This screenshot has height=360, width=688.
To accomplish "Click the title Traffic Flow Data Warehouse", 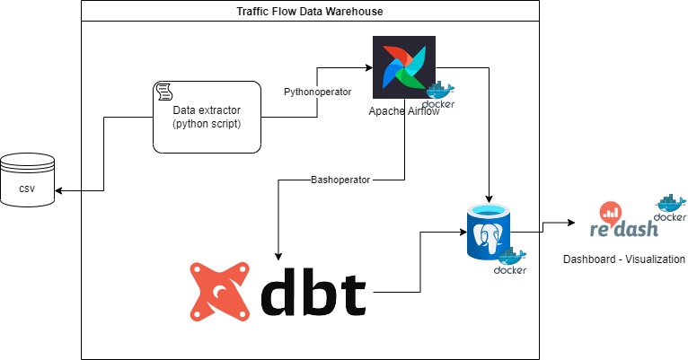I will [310, 11].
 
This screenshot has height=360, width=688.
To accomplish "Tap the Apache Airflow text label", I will [403, 110].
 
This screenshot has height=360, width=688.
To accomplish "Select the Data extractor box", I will [207, 116].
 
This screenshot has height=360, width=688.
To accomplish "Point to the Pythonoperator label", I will [311, 92].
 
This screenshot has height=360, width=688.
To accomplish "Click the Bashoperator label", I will [340, 180].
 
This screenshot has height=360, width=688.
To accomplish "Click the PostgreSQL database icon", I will [488, 232].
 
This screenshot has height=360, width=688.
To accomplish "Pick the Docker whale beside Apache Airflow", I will [440, 94].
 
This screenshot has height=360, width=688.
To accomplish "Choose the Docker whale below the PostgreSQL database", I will [508, 261].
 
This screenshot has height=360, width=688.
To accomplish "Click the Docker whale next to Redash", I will [670, 207].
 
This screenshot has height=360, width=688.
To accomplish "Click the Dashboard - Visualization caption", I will [623, 259].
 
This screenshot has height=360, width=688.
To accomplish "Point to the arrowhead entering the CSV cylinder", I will [58, 190].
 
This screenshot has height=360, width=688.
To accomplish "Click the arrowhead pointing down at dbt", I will [278, 252].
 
